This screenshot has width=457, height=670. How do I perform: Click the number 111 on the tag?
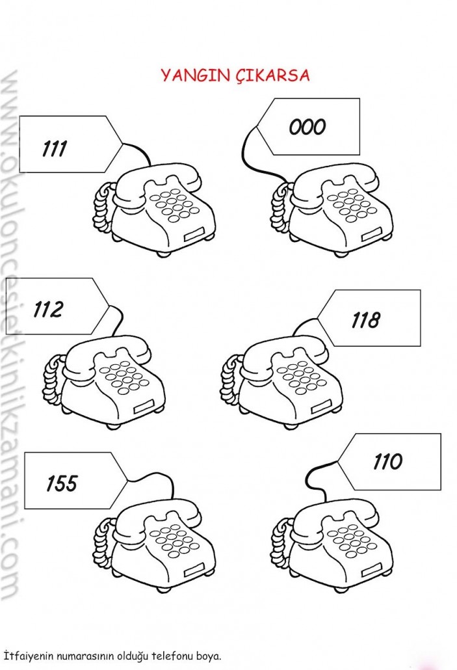tap(55, 149)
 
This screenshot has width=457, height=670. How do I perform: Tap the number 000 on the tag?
tap(307, 126)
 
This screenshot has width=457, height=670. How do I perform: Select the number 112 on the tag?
tap(48, 309)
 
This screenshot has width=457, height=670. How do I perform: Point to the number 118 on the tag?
tap(365, 319)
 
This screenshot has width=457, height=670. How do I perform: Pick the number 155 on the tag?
tap(61, 483)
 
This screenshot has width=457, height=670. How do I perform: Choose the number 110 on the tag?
tap(387, 462)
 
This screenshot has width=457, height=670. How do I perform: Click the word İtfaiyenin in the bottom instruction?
tap(25, 654)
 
